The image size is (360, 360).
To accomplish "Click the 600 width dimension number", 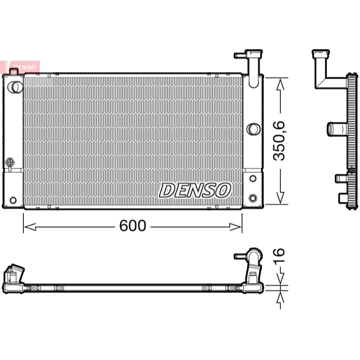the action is coord(133,226).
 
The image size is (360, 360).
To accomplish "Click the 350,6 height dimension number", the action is coord(279,141).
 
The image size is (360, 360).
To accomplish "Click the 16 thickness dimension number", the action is coord(279,255).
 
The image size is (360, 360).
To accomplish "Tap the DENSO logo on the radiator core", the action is coord(195,190).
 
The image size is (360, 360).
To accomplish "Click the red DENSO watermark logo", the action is coord(20,67).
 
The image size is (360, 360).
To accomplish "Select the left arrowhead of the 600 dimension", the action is coord(30,227).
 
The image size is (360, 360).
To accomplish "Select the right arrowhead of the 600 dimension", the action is coord(235,227).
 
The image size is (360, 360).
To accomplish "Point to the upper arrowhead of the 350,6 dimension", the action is coord(280,84).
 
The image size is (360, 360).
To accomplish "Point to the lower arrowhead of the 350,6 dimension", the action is coord(280,198).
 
